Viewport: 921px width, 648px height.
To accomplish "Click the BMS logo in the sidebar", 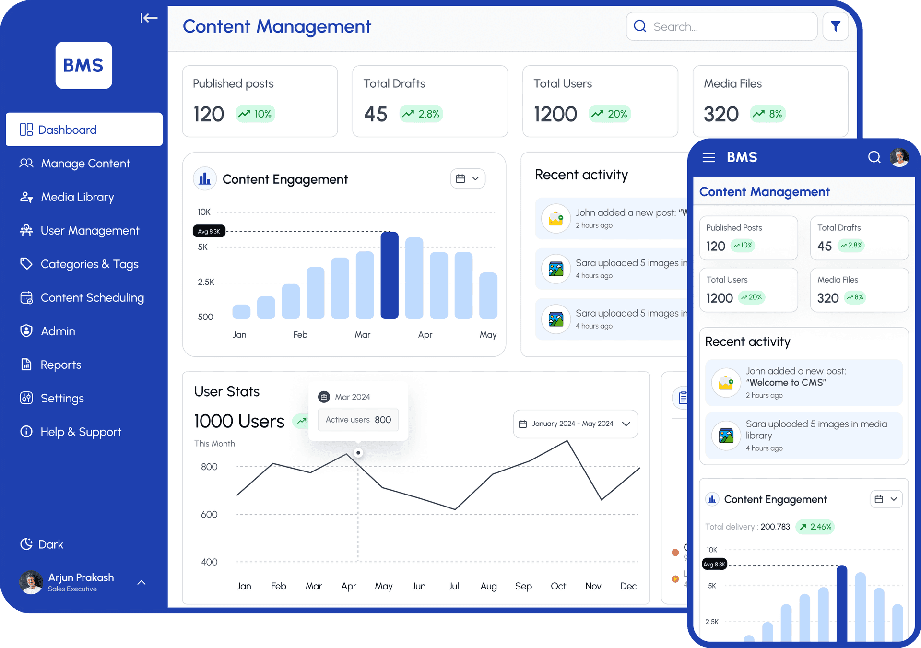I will (83, 65).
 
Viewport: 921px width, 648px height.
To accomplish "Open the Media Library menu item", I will (77, 197).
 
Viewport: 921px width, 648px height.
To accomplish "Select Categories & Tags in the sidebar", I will (89, 264).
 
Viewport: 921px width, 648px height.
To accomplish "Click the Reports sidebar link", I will (60, 365).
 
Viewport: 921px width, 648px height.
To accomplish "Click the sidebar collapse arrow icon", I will (149, 18).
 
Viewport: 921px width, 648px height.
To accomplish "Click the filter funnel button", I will (835, 26).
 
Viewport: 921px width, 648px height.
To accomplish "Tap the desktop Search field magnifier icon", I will (640, 26).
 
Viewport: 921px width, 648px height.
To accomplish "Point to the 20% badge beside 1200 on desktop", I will (610, 114).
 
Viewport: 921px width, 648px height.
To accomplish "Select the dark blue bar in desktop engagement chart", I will (390, 275).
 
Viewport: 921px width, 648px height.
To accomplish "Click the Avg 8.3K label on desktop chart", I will (209, 231).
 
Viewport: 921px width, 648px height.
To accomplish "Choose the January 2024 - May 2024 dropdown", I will (575, 424).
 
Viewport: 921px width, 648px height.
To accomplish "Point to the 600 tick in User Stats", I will (209, 515).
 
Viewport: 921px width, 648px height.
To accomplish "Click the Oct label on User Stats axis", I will (558, 586).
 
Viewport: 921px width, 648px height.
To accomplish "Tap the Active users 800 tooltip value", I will (382, 420).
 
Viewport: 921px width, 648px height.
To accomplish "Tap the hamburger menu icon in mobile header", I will (708, 157).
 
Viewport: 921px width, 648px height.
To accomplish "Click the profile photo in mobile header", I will (899, 157).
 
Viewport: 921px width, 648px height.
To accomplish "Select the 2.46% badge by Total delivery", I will (815, 527).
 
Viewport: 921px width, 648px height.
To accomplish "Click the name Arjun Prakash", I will (81, 577).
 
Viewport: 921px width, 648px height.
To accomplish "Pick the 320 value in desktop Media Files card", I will (721, 115).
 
